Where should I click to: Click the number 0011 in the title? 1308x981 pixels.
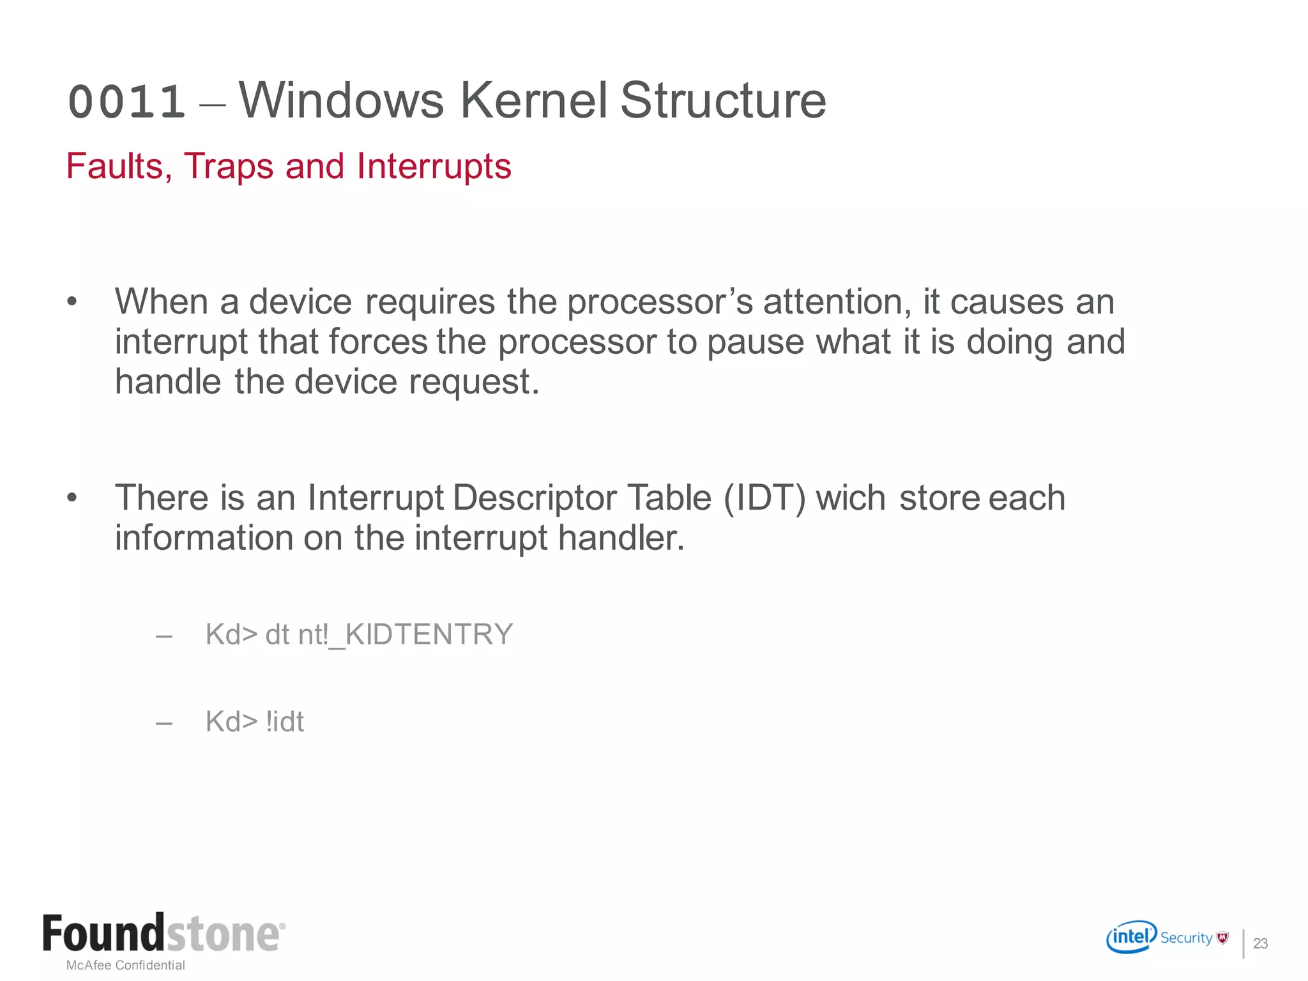pyautogui.click(x=126, y=102)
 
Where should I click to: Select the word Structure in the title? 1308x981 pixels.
pyautogui.click(x=723, y=100)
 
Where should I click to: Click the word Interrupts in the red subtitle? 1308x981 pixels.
pyautogui.click(x=434, y=167)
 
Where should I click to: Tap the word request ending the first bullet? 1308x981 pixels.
pyautogui.click(x=474, y=383)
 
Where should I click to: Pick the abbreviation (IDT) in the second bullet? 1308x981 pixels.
pyautogui.click(x=764, y=498)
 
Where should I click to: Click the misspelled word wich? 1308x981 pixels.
pyautogui.click(x=851, y=498)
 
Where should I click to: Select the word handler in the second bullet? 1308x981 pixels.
pyautogui.click(x=621, y=538)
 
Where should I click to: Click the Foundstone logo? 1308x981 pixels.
pyautogui.click(x=163, y=934)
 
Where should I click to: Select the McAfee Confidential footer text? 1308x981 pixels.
pyautogui.click(x=126, y=965)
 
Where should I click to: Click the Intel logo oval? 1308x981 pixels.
pyautogui.click(x=1131, y=937)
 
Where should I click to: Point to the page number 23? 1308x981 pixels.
pyautogui.click(x=1260, y=943)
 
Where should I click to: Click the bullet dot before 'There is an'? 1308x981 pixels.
pyautogui.click(x=72, y=498)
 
